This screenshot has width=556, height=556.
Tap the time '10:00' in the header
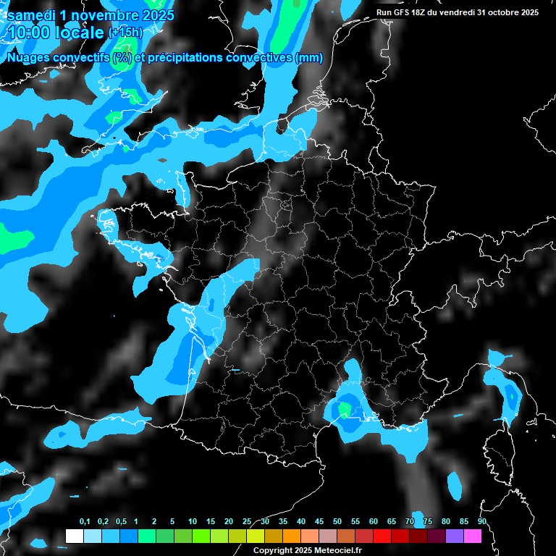click(28, 32)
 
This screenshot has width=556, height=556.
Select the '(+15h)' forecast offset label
click(125, 32)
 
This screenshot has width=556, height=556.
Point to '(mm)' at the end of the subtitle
click(308, 58)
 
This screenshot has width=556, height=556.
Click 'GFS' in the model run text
click(400, 12)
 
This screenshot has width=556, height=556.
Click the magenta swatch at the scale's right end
click(473, 536)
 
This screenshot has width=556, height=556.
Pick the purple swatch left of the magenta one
click(455, 536)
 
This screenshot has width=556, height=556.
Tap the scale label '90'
click(481, 522)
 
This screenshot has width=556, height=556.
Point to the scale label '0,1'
click(85, 522)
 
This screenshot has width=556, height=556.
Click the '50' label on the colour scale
click(337, 522)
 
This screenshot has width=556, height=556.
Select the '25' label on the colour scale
click(247, 522)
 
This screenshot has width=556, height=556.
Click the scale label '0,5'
click(121, 522)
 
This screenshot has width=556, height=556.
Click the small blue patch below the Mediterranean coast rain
click(455, 484)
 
